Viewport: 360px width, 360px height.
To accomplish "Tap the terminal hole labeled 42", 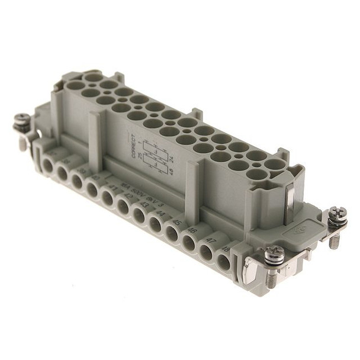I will tap(124, 207).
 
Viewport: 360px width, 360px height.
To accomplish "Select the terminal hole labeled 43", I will tap(139, 216).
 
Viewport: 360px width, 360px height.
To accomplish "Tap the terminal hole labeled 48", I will tap(223, 261).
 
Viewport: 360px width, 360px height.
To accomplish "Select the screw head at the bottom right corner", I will tap(274, 253).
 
